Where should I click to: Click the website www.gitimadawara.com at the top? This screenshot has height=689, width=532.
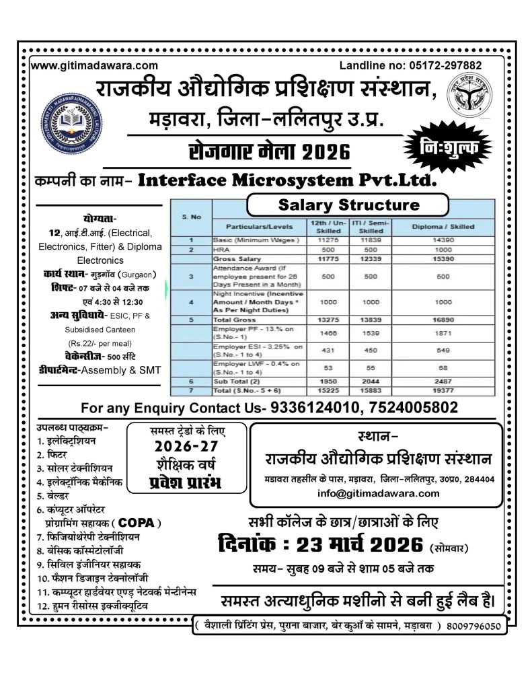[x=95, y=65]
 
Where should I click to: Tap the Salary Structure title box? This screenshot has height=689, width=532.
[x=348, y=204]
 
